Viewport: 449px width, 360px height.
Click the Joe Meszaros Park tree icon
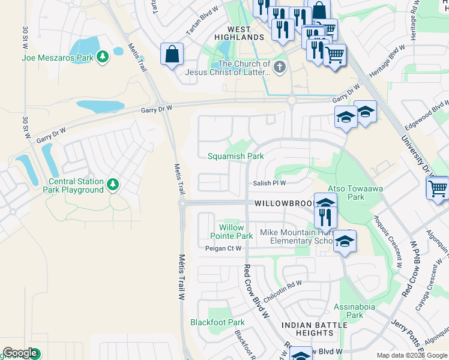coord(103,57)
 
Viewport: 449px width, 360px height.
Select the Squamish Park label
coord(235,156)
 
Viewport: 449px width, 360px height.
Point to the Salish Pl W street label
coord(269,184)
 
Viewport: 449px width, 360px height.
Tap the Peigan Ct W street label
coord(223,248)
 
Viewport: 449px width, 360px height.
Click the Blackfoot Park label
coord(217,322)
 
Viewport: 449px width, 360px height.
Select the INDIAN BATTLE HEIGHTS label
coord(315,329)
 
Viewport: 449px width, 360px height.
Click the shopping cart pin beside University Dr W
coord(438,188)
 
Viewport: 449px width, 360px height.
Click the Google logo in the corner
coord(20,353)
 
